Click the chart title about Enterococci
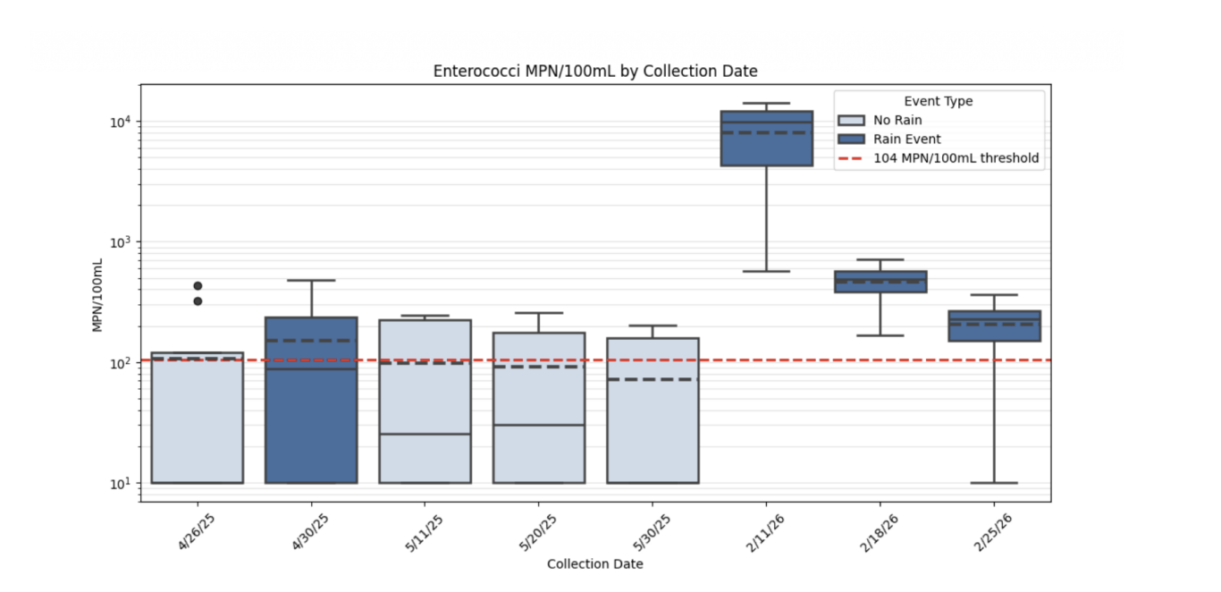coord(595,72)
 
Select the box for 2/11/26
coord(766,139)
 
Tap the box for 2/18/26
coord(880,282)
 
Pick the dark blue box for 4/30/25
coord(311,400)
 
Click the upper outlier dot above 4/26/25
coord(198,285)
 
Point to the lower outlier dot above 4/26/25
coord(198,300)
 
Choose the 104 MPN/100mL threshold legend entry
coord(939,158)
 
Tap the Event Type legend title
coord(939,101)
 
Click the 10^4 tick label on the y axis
coord(121,122)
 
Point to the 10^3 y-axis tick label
coord(121,242)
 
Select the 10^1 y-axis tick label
coord(121,484)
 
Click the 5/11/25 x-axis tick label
coord(424,533)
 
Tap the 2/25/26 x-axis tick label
coord(992,533)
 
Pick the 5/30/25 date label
coord(652,533)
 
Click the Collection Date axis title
coord(594,564)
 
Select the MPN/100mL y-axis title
coord(97,295)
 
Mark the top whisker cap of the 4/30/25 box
coord(311,280)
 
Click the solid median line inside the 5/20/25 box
coord(539,425)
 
